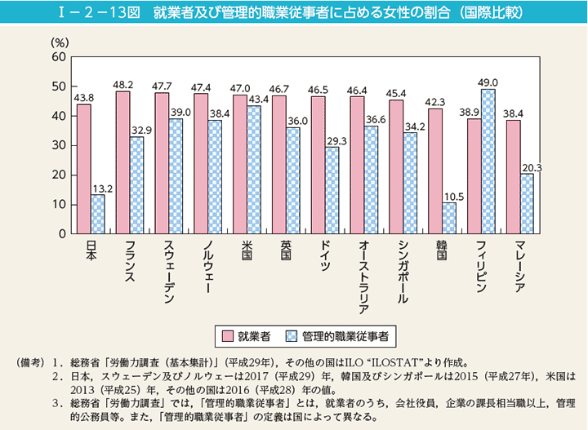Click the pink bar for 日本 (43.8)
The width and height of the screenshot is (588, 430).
coord(83,169)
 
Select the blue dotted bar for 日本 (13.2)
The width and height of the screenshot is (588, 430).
coord(98,214)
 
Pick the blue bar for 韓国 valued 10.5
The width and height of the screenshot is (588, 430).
coord(449,218)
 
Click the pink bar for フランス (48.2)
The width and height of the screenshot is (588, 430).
coord(123,162)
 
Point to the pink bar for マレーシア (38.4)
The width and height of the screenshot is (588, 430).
coord(514,177)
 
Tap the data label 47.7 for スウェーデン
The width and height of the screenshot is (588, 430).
coord(163,86)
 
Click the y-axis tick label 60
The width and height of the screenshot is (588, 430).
coord(57,57)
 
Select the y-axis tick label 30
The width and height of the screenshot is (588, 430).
coord(57,145)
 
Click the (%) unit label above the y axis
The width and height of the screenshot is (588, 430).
coord(60,41)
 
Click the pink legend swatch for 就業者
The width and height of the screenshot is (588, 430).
coord(226,335)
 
